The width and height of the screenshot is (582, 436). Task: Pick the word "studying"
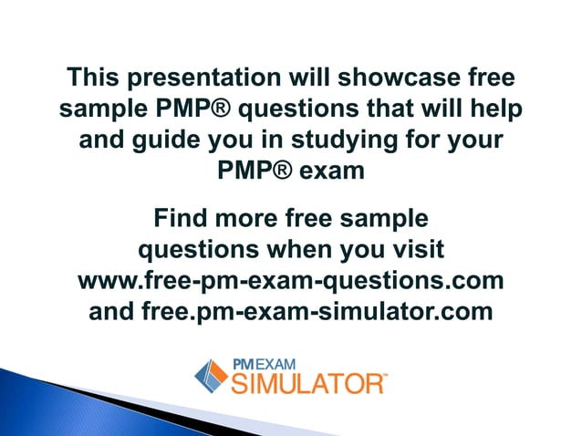338,143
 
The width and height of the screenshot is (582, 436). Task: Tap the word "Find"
184,219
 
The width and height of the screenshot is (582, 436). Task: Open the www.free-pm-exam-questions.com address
291,279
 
